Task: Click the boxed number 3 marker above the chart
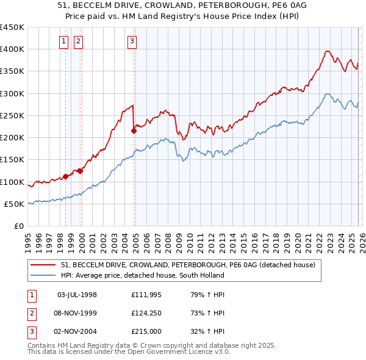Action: [x=132, y=41]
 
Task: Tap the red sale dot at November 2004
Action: [x=134, y=130]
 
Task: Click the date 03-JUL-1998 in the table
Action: [x=77, y=295]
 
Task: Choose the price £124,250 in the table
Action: [x=146, y=313]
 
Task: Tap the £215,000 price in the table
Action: [x=146, y=331]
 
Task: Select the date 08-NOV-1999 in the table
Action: [x=77, y=313]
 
